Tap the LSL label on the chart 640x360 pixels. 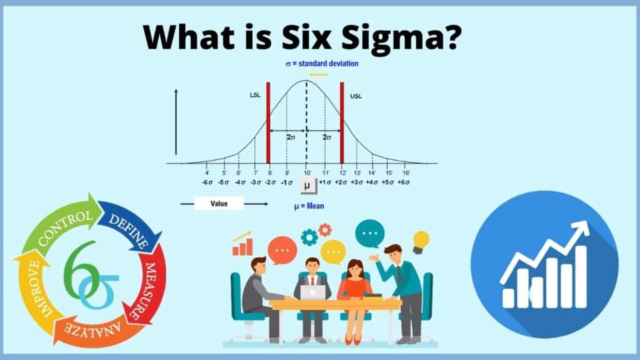255,96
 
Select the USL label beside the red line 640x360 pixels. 356,96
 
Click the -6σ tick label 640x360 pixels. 207,182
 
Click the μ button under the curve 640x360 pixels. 307,186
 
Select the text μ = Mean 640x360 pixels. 309,206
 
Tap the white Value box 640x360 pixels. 219,203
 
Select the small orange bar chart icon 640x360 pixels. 242,245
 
